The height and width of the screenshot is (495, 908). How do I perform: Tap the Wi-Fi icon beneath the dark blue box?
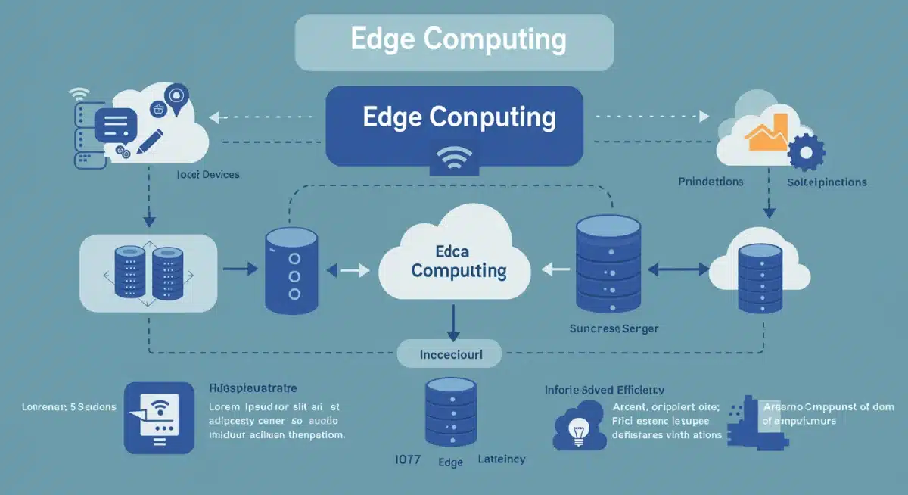point(454,160)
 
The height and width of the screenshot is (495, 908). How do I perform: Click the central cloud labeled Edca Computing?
point(453,261)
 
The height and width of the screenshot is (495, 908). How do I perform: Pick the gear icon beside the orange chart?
point(805,152)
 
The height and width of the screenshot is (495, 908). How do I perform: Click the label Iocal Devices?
point(208,175)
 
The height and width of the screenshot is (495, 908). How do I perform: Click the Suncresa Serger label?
point(614,328)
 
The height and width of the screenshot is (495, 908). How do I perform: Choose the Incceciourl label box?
point(450,353)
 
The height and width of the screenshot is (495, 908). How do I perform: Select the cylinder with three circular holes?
point(293,272)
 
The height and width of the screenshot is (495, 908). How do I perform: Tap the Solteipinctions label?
point(826,182)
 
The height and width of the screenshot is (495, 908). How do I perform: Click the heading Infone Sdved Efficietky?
point(604,390)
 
